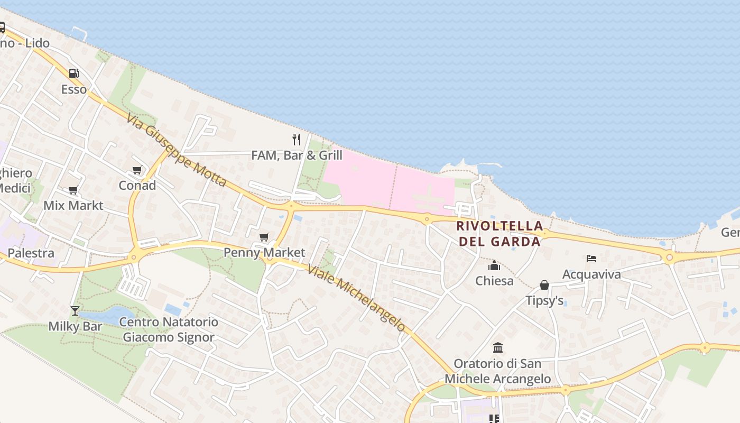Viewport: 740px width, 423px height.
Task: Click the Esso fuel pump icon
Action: click(73, 73)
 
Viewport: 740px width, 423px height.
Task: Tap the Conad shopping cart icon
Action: click(137, 170)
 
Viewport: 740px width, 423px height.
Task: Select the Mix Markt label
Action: click(73, 205)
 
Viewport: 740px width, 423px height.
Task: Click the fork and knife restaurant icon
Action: click(297, 140)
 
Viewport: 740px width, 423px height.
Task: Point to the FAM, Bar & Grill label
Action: click(297, 155)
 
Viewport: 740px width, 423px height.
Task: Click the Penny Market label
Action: click(264, 253)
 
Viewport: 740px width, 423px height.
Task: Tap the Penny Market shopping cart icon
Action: click(264, 237)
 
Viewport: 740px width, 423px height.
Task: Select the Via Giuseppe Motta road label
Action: click(177, 150)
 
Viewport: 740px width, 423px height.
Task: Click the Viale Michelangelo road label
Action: click(356, 298)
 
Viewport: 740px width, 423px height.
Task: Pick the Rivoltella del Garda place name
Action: click(499, 234)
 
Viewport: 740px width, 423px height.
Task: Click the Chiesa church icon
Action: click(494, 265)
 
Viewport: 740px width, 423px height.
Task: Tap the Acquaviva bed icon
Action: click(591, 259)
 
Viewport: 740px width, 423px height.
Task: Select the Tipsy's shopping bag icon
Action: click(544, 286)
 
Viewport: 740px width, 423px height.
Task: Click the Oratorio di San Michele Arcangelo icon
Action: click(498, 348)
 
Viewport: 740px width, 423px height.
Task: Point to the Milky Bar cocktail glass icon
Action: click(75, 311)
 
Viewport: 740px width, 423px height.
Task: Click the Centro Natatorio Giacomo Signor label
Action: click(169, 329)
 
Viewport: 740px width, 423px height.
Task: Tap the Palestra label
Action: click(31, 253)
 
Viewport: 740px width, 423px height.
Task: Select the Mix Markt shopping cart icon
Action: click(73, 190)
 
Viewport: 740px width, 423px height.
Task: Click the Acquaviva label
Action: click(591, 274)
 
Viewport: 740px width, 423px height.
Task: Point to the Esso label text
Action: click(74, 89)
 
